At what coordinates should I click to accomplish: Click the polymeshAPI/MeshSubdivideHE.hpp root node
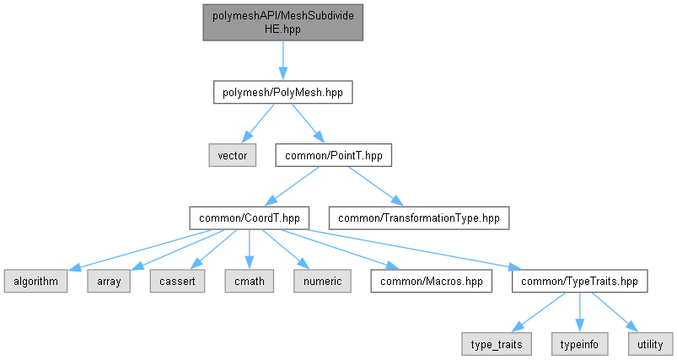(x=282, y=23)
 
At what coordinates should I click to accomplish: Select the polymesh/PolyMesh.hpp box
(x=282, y=92)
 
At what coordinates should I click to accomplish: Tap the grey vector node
(x=233, y=155)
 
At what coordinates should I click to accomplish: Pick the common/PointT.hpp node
(x=334, y=155)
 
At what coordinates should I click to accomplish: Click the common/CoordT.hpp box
(x=249, y=218)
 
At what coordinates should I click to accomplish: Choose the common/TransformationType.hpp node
(x=419, y=218)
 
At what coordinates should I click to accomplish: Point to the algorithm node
(x=36, y=281)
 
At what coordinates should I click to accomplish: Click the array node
(x=109, y=281)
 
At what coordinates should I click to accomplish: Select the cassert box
(x=177, y=281)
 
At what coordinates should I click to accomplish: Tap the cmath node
(x=249, y=281)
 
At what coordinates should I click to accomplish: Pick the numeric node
(x=323, y=281)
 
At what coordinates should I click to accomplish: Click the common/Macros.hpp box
(x=432, y=281)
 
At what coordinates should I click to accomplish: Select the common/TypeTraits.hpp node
(x=579, y=281)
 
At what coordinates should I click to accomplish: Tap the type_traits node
(x=497, y=344)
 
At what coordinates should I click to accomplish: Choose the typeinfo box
(x=579, y=344)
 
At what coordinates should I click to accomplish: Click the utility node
(x=650, y=344)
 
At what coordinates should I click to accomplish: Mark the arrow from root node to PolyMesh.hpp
(x=282, y=61)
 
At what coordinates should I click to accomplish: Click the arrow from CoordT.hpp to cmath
(x=249, y=250)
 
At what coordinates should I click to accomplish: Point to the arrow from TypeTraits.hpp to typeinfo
(x=579, y=313)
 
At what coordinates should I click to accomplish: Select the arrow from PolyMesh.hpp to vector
(x=258, y=123)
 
